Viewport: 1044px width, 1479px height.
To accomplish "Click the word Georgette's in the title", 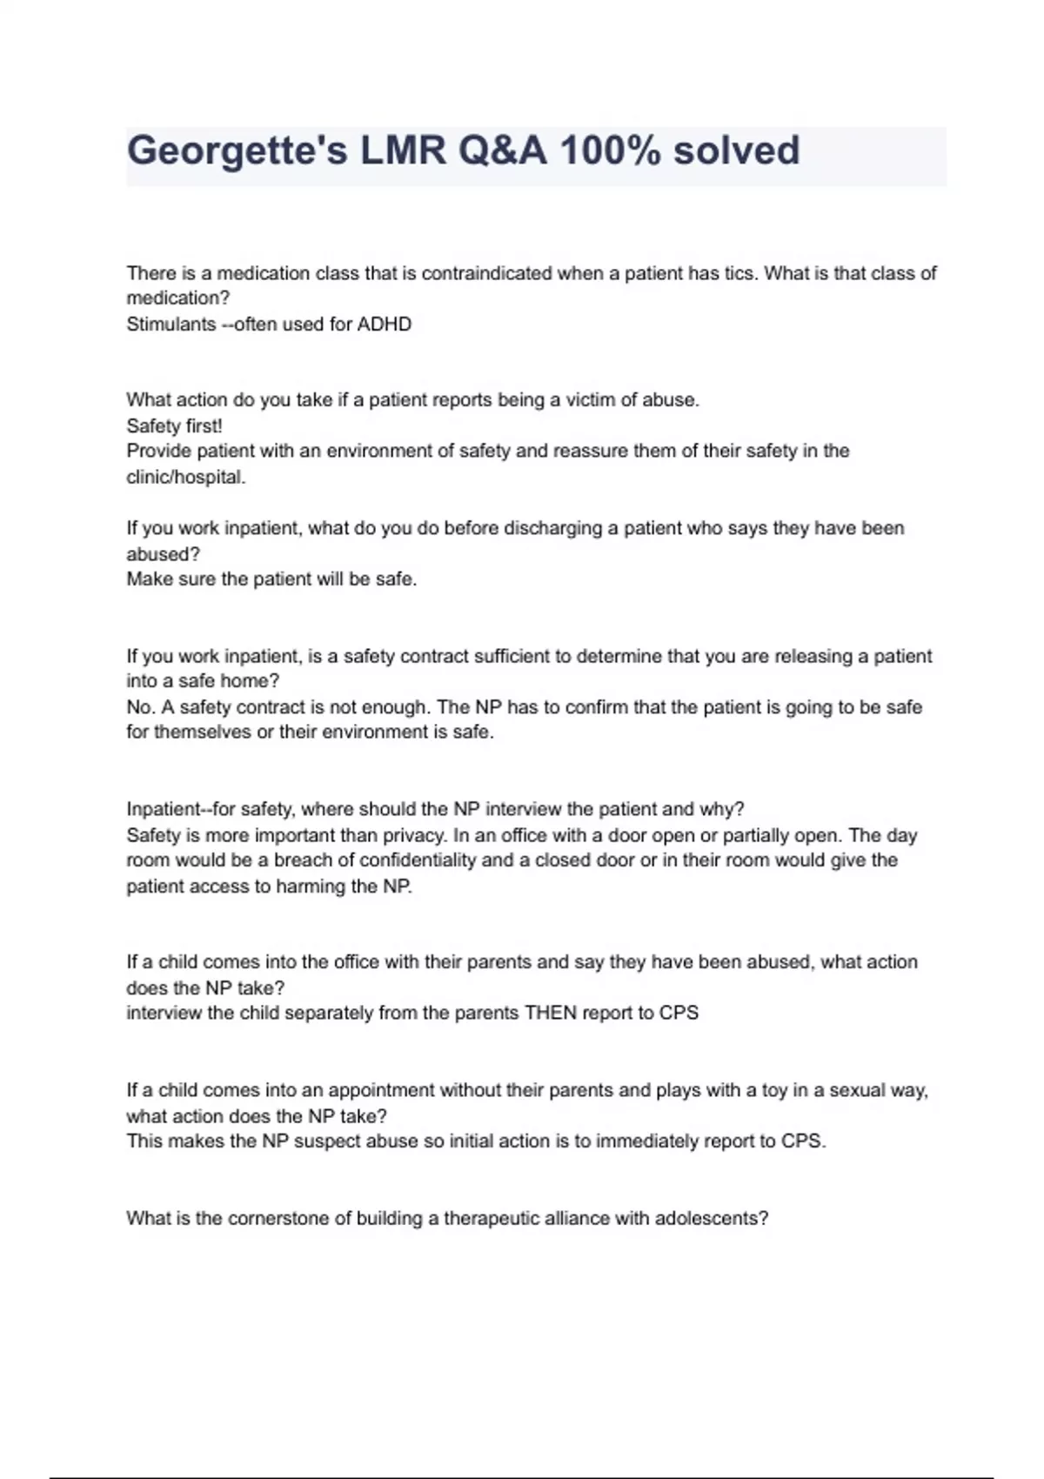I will pos(236,151).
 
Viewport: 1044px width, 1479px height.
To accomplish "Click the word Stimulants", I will pos(171,325).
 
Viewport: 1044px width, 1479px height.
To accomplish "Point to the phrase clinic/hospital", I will pos(185,478).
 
